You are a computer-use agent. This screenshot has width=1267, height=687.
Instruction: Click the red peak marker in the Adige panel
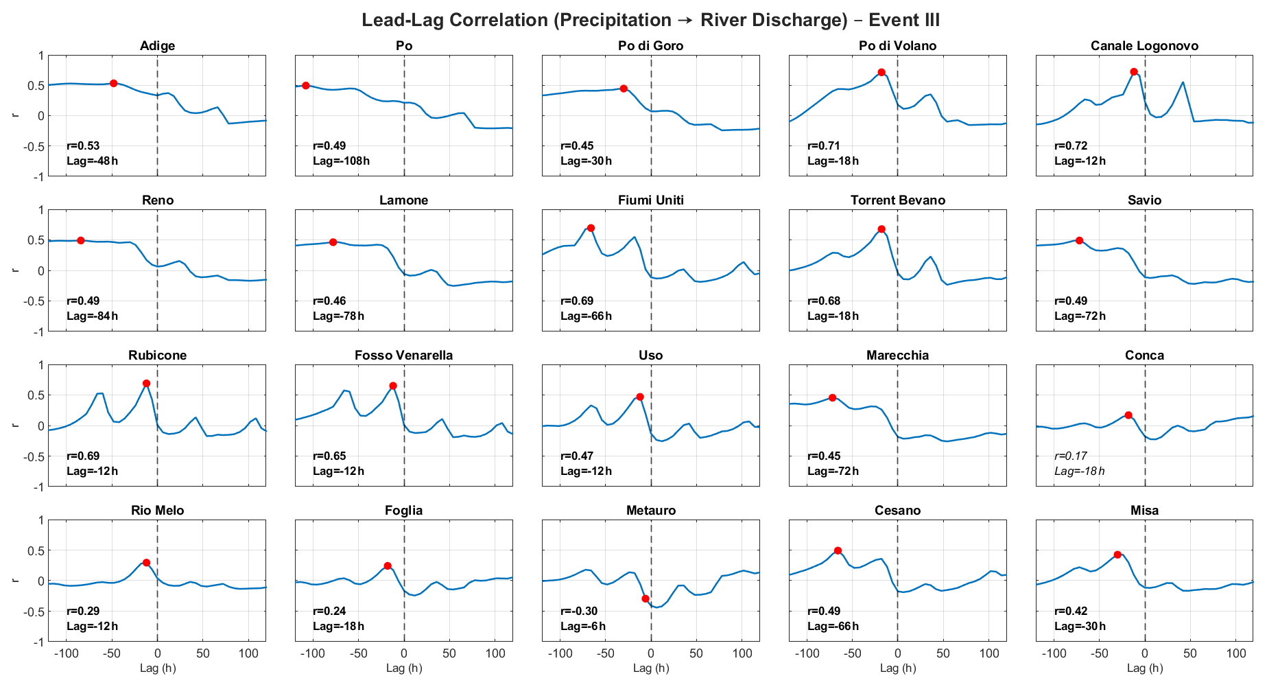(x=114, y=83)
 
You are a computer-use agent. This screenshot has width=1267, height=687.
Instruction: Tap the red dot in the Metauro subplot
(x=646, y=598)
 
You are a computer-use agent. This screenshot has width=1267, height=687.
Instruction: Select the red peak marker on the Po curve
(x=306, y=86)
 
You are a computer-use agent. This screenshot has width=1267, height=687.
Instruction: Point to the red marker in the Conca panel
(x=1128, y=415)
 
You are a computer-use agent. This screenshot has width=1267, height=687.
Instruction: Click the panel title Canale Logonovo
(x=1144, y=46)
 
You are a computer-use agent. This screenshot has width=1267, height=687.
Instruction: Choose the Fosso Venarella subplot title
(x=403, y=356)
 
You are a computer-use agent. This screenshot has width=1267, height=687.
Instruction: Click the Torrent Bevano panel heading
(x=897, y=200)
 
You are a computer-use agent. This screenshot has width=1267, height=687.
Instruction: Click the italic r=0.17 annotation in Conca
(x=1071, y=456)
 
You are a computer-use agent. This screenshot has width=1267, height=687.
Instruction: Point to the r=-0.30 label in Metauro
(x=579, y=611)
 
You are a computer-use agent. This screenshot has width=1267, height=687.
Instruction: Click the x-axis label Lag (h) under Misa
(x=1144, y=668)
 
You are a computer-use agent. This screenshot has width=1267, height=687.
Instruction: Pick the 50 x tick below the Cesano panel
(x=943, y=653)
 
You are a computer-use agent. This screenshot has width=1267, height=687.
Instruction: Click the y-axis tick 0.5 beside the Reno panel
(x=36, y=240)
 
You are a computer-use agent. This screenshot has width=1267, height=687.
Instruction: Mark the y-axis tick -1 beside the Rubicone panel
(x=39, y=487)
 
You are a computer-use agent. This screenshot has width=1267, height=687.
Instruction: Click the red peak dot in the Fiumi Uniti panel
(x=591, y=228)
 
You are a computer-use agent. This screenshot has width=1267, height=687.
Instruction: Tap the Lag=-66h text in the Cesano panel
(x=833, y=626)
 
